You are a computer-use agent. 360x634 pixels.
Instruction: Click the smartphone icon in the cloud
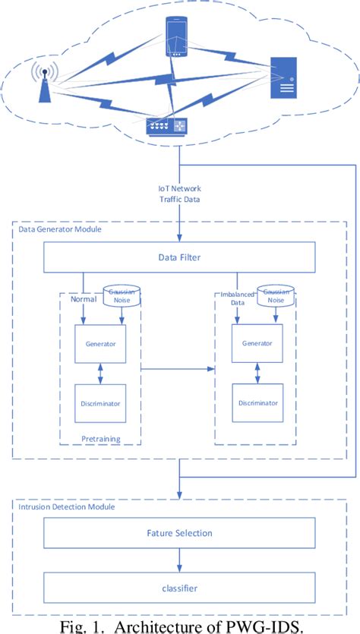[176, 38]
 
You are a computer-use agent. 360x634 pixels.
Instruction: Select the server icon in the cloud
[284, 77]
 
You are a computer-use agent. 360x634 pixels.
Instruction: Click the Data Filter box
[178, 257]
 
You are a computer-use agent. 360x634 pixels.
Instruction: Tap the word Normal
[84, 299]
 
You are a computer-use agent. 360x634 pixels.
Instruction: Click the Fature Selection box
[178, 532]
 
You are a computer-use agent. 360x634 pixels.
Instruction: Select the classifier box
[178, 587]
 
